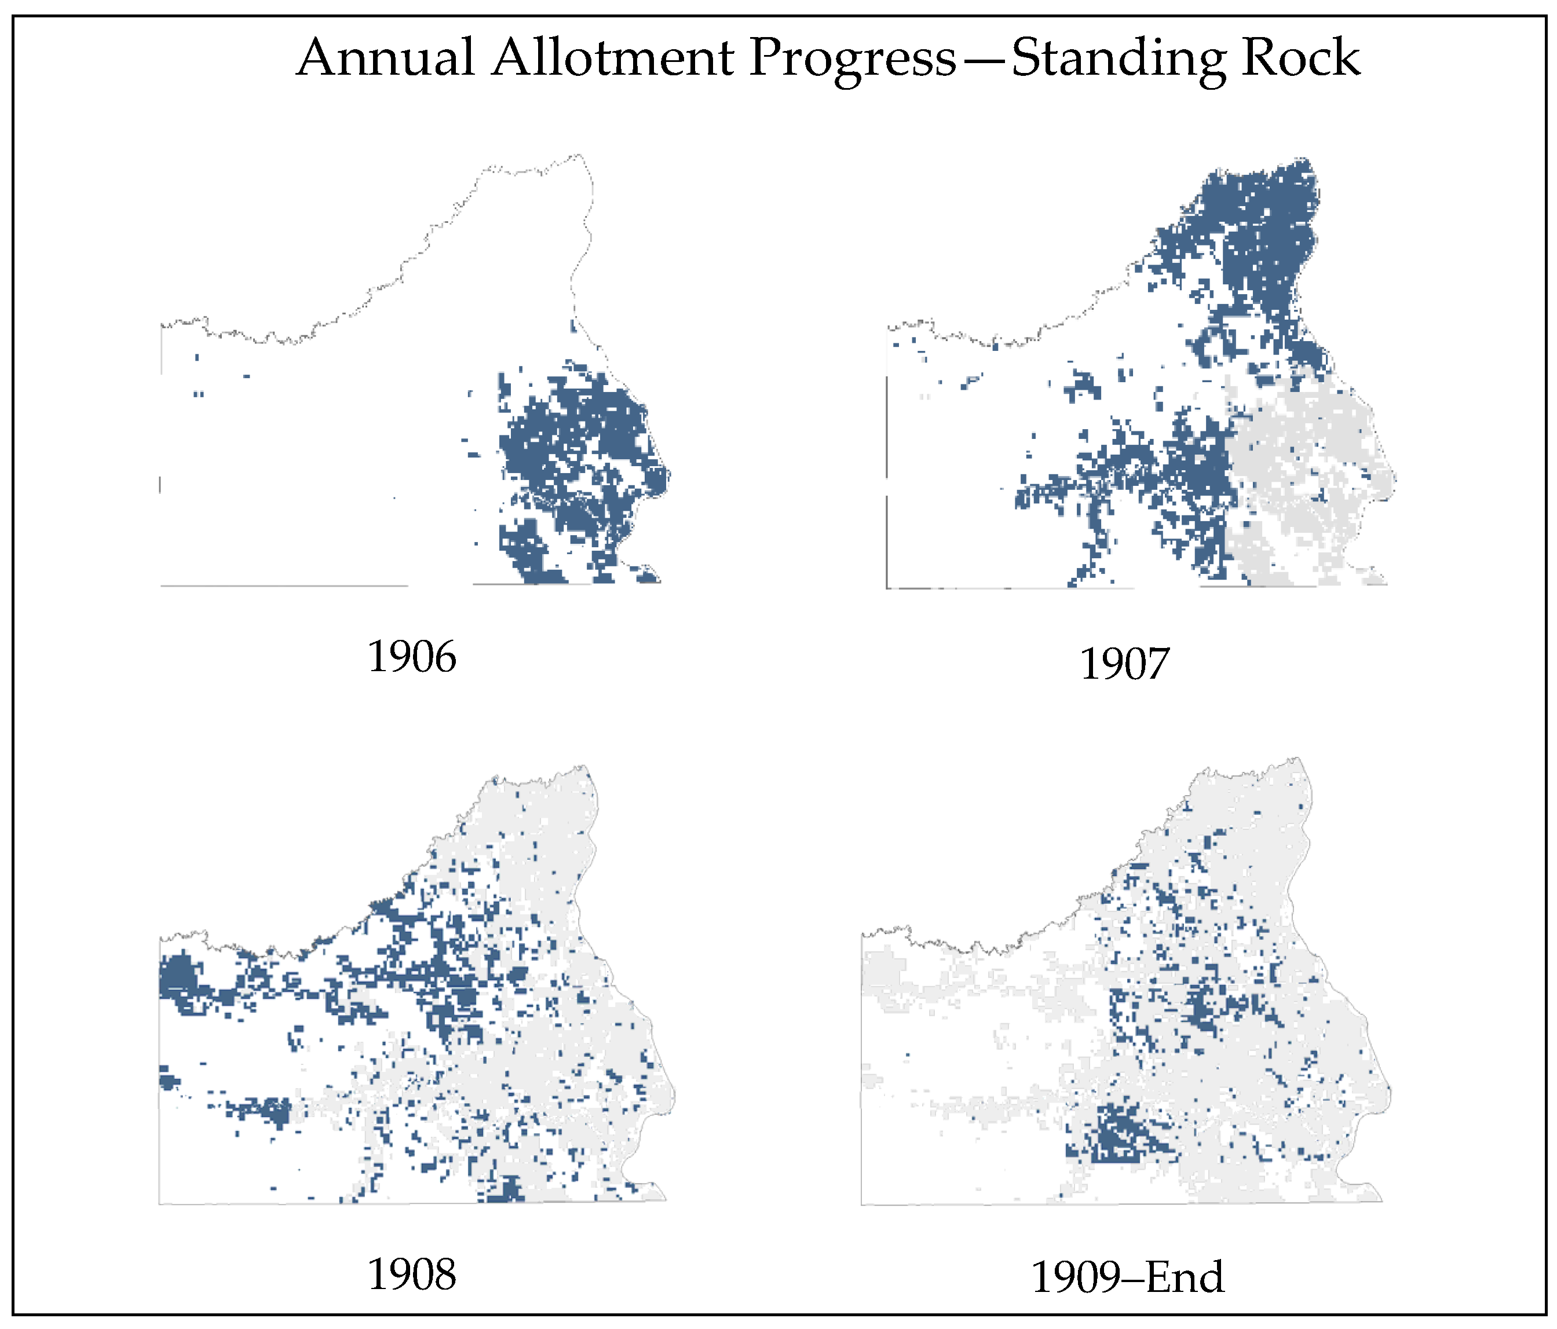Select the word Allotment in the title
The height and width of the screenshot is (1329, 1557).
(612, 58)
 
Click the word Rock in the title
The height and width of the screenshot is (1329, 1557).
(1300, 58)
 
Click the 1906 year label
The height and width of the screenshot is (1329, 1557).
(411, 657)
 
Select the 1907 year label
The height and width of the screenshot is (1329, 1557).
(1124, 664)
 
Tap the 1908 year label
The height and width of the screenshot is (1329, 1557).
(411, 1275)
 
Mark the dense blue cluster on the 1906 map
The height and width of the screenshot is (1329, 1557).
(571, 451)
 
